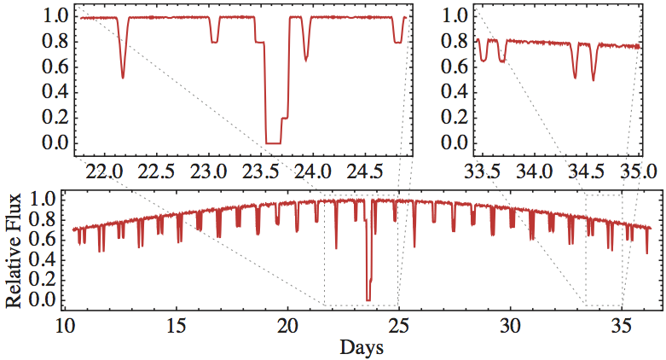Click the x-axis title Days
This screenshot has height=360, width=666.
pos(361,348)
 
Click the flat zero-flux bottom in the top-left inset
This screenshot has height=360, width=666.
pos(273,142)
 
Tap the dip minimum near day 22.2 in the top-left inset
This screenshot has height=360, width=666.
pos(123,78)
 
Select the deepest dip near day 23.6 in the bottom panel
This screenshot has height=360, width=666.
pos(368,299)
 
